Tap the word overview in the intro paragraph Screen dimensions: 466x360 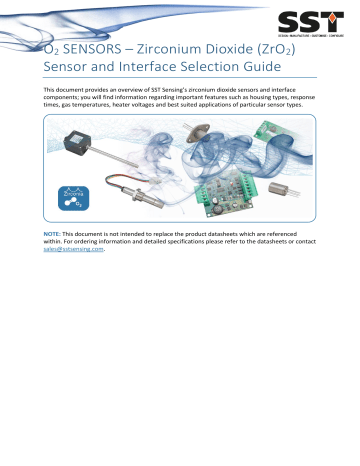coord(143,90)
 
